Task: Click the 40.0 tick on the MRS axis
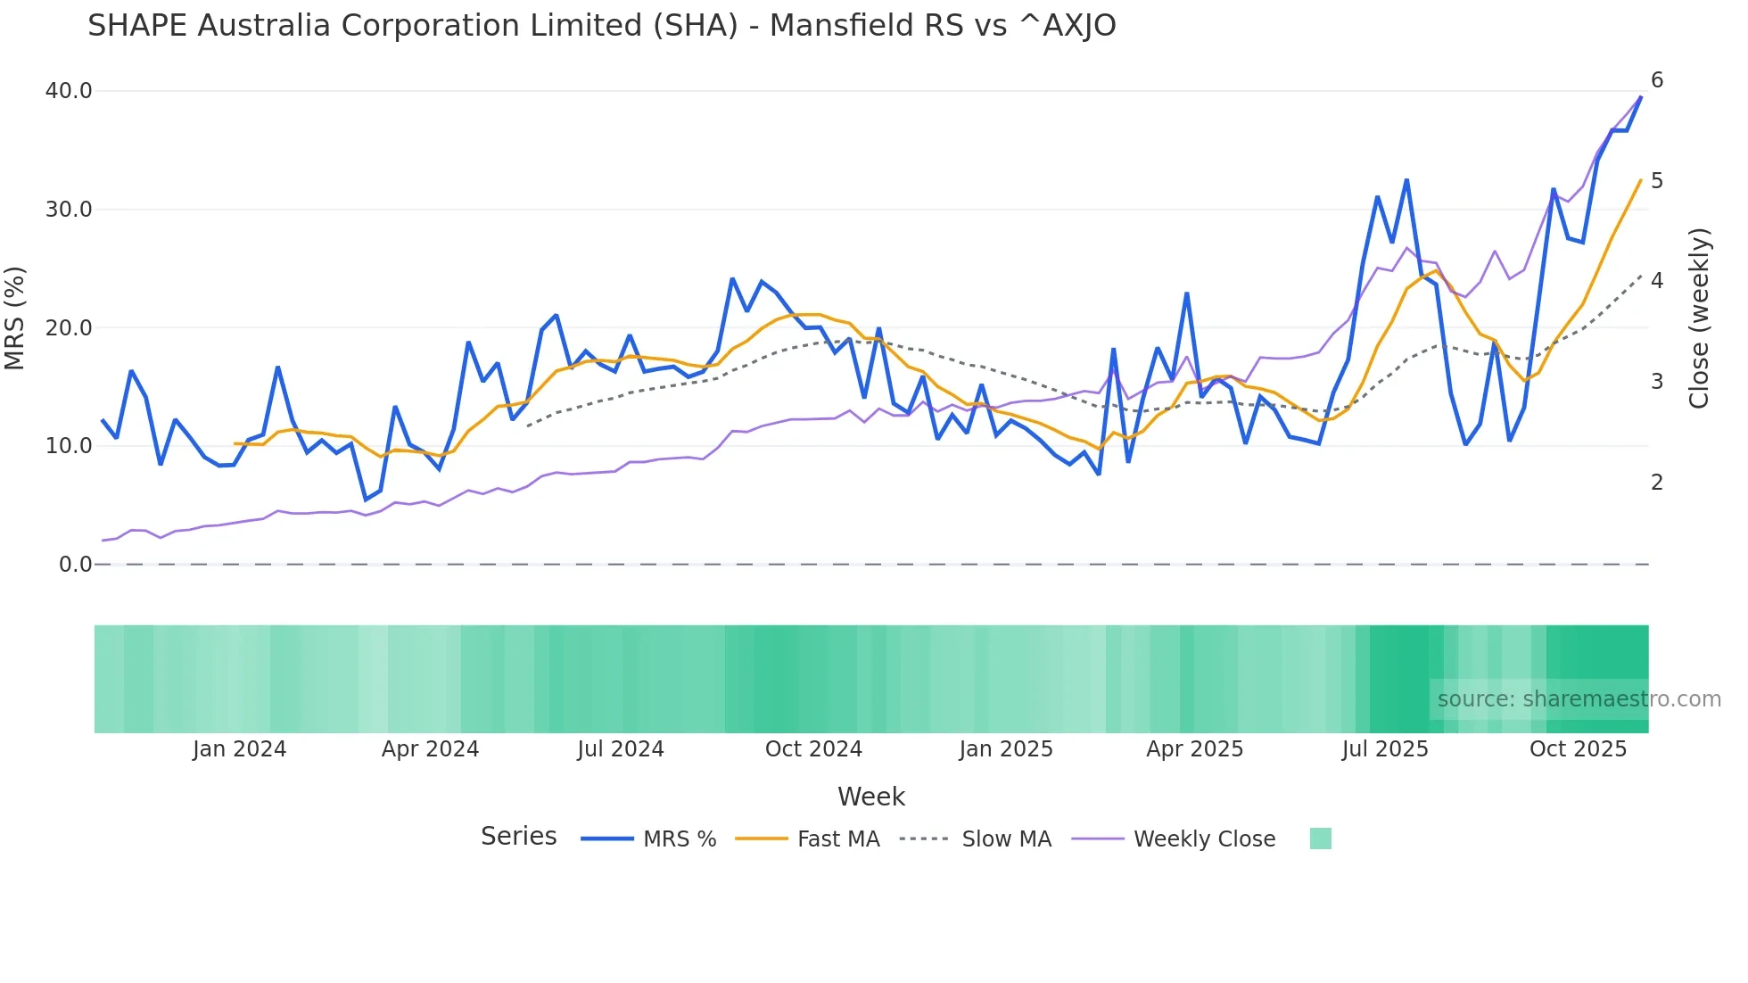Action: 69,91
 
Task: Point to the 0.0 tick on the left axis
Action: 75,565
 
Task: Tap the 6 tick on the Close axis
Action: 1657,80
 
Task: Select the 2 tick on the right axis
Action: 1657,483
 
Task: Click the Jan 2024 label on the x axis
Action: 239,749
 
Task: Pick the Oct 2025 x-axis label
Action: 1578,749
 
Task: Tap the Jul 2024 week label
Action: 621,749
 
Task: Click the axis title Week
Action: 870,797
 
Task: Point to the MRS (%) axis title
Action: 15,318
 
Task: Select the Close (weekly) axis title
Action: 1699,318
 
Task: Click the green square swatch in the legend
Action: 1320,838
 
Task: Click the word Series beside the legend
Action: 518,837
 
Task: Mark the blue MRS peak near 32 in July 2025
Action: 1406,180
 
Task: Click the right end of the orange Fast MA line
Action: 1641,180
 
